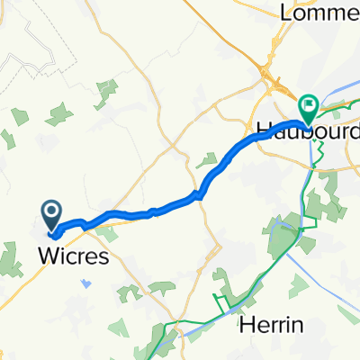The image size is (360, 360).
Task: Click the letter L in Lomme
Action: pyautogui.click(x=288, y=13)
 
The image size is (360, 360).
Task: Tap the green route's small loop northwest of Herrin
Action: pyautogui.click(x=219, y=301)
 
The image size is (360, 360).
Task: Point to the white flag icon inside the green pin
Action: pyautogui.click(x=309, y=104)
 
